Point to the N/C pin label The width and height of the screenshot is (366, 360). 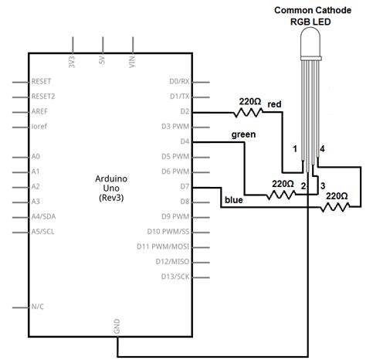point(37,307)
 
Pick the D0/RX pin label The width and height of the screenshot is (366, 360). point(179,81)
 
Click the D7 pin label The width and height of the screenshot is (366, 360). point(185,187)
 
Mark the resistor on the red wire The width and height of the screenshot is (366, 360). point(249,112)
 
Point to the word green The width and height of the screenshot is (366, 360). point(245,134)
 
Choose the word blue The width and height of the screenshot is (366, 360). point(233,200)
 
